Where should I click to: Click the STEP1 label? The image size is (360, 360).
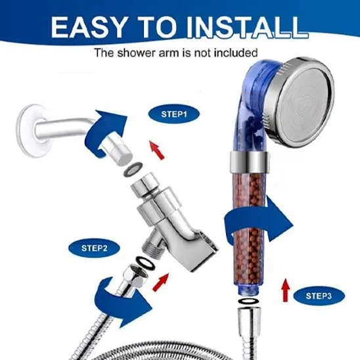[174, 114]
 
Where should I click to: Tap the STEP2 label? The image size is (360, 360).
[94, 248]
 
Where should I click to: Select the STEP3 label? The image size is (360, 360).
[319, 296]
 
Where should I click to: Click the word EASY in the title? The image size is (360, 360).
[88, 27]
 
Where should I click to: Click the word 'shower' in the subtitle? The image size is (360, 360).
[136, 53]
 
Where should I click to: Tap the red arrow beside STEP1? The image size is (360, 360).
[158, 150]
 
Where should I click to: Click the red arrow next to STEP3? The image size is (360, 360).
[285, 290]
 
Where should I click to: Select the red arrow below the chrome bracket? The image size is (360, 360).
[161, 282]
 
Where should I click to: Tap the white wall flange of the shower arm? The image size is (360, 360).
[29, 131]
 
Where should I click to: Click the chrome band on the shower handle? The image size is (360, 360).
[249, 162]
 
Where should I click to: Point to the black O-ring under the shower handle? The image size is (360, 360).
[248, 301]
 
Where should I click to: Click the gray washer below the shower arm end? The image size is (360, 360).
[133, 169]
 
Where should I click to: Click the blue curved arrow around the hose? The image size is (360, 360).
[122, 303]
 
